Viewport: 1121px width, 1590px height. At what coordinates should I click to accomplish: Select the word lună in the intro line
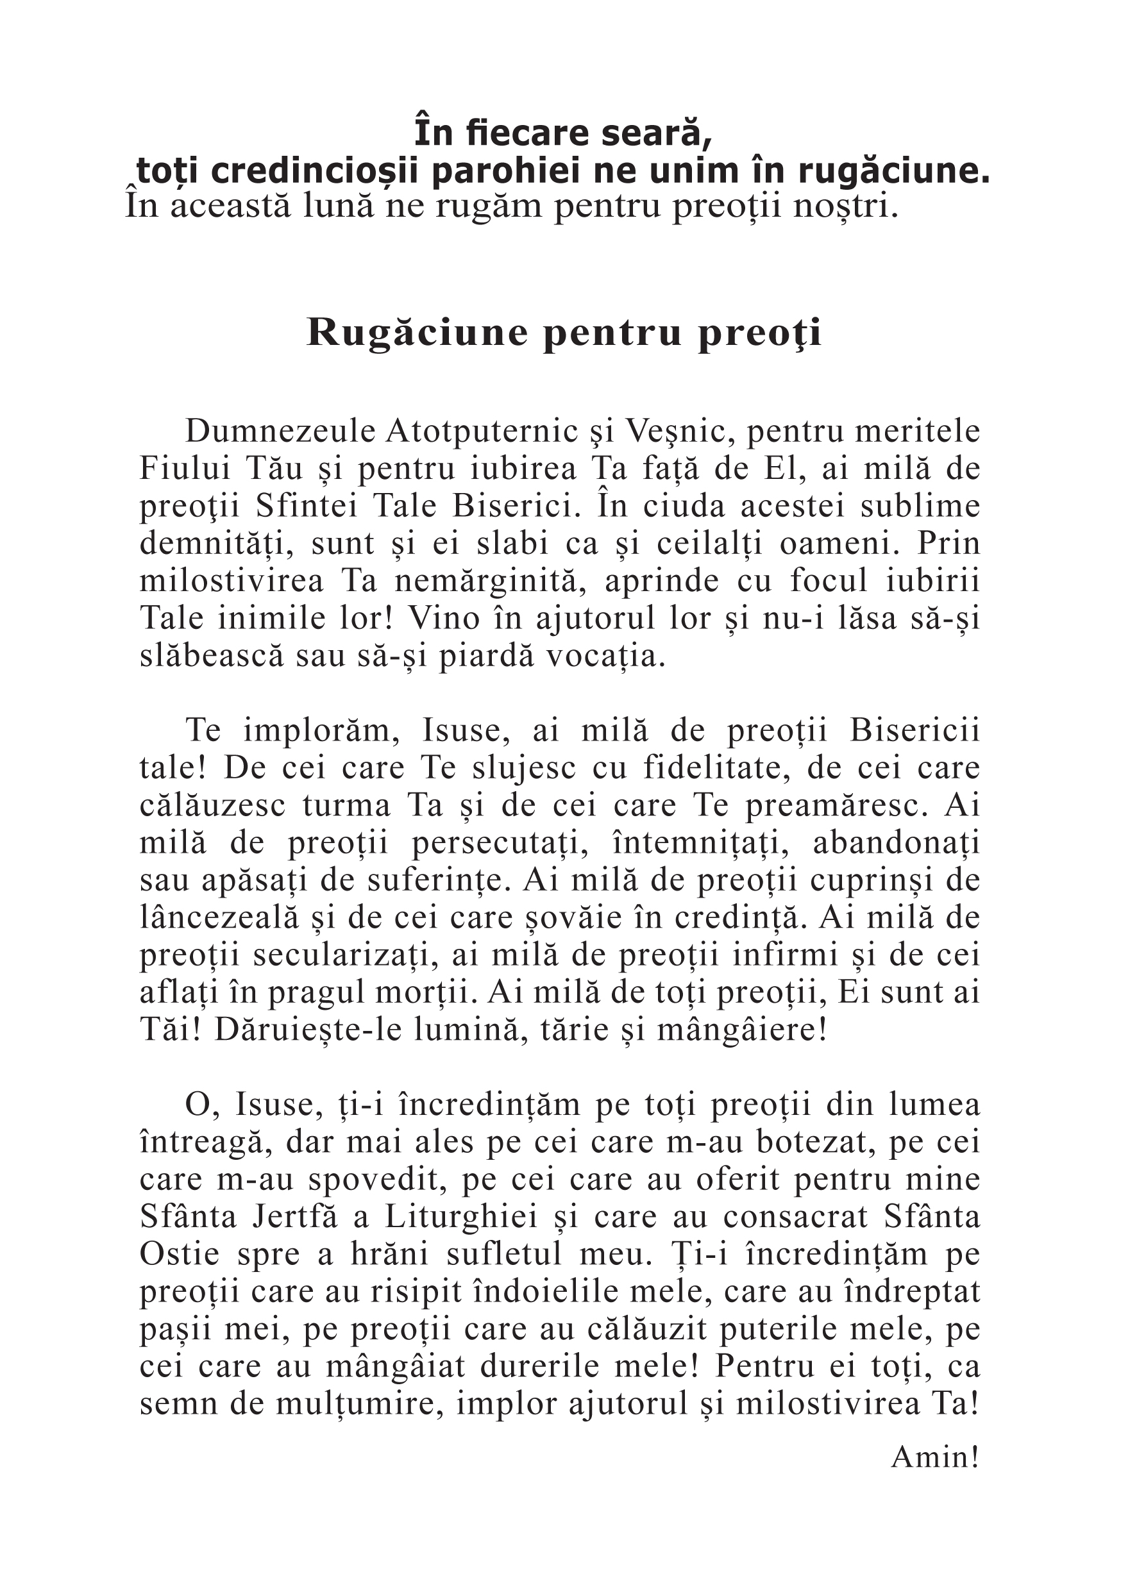(x=334, y=206)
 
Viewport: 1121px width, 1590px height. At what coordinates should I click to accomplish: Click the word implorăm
(x=322, y=731)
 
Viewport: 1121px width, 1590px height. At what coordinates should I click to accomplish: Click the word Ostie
(x=180, y=1254)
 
